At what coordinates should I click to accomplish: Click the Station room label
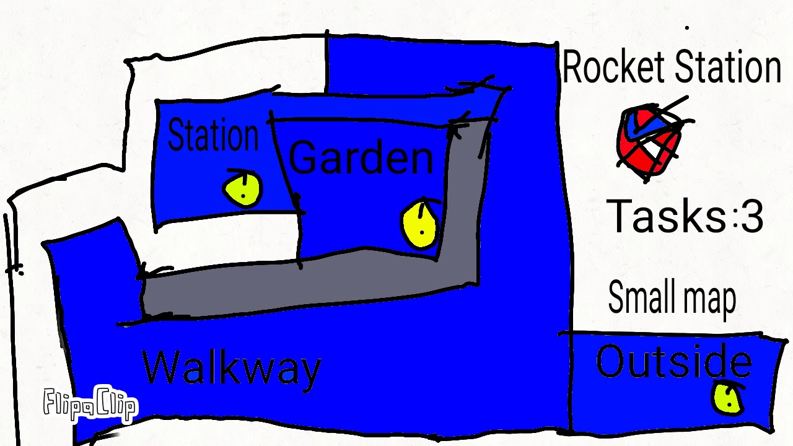tap(212, 136)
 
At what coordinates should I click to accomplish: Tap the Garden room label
tap(361, 157)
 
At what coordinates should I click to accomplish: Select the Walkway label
tap(232, 369)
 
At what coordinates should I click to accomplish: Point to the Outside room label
tap(673, 362)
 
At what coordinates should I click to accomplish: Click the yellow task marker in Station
tap(242, 188)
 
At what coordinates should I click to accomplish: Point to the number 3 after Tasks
tap(751, 217)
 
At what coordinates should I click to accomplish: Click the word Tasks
tap(666, 217)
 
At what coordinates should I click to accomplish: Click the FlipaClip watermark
tap(90, 404)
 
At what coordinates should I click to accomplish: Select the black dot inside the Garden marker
tap(422, 232)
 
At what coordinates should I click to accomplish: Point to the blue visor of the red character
tap(638, 124)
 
